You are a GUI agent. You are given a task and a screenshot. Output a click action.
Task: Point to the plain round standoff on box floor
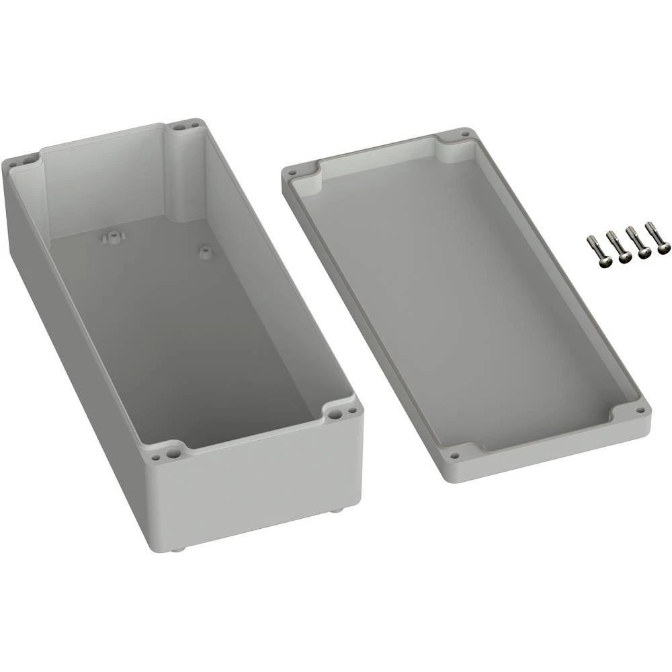pos(203,252)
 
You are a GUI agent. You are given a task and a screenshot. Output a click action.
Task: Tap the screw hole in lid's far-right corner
pos(464,134)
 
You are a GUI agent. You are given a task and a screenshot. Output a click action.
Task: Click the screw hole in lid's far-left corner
pos(292,172)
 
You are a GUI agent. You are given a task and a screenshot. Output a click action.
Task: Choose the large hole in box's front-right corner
pos(333,415)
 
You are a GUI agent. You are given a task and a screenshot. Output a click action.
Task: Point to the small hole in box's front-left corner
pos(156,456)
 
